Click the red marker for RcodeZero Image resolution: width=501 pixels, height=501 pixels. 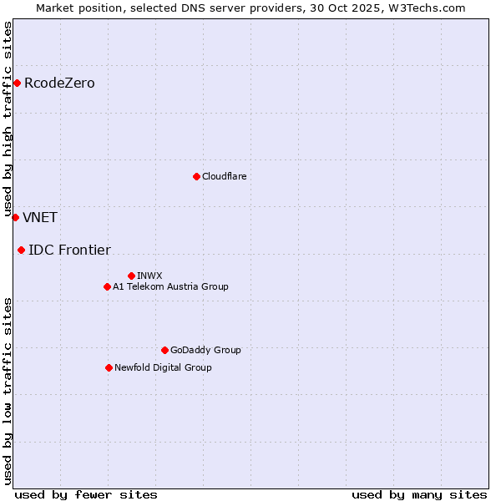pos(17,83)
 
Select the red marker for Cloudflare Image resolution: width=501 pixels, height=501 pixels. pos(196,176)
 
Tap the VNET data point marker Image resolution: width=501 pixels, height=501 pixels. pos(15,217)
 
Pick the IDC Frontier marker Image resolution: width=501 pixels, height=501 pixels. pos(21,250)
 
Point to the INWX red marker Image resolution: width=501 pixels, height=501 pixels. pos(131,276)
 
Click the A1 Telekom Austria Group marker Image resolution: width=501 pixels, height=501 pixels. pos(107,286)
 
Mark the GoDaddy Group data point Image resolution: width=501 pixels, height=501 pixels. pos(164,350)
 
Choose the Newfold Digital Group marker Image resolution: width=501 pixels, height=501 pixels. pos(109,367)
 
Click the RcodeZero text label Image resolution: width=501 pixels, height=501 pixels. pos(59,83)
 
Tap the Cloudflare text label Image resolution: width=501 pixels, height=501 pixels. pos(224,176)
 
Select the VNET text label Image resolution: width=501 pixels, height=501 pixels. pos(40,217)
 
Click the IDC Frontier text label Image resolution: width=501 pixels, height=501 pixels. pos(69,250)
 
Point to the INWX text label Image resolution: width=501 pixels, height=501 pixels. pos(149,276)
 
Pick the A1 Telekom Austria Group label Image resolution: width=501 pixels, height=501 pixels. pos(170,286)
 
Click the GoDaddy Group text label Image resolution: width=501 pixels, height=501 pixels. pos(205,350)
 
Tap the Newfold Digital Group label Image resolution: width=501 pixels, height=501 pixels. pos(163,367)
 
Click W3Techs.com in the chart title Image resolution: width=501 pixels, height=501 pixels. pos(430,8)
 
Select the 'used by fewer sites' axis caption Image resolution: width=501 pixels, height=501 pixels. pos(86,494)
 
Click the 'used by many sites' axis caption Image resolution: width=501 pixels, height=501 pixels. pos(419,494)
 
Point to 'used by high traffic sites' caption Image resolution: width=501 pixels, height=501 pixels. pos(8,119)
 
